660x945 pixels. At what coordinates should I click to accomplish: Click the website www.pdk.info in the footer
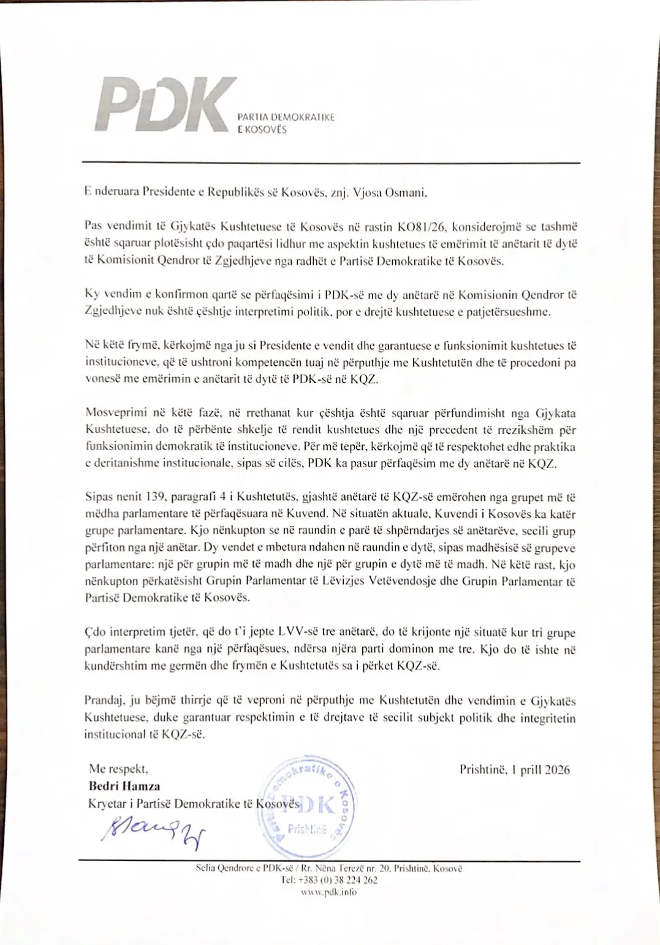click(329, 892)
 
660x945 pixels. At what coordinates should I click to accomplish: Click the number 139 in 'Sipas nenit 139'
click(157, 497)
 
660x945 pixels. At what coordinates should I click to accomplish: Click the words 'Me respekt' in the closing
click(118, 769)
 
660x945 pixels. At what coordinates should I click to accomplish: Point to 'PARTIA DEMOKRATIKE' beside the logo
click(286, 118)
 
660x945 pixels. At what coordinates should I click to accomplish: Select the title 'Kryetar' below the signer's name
click(107, 803)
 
